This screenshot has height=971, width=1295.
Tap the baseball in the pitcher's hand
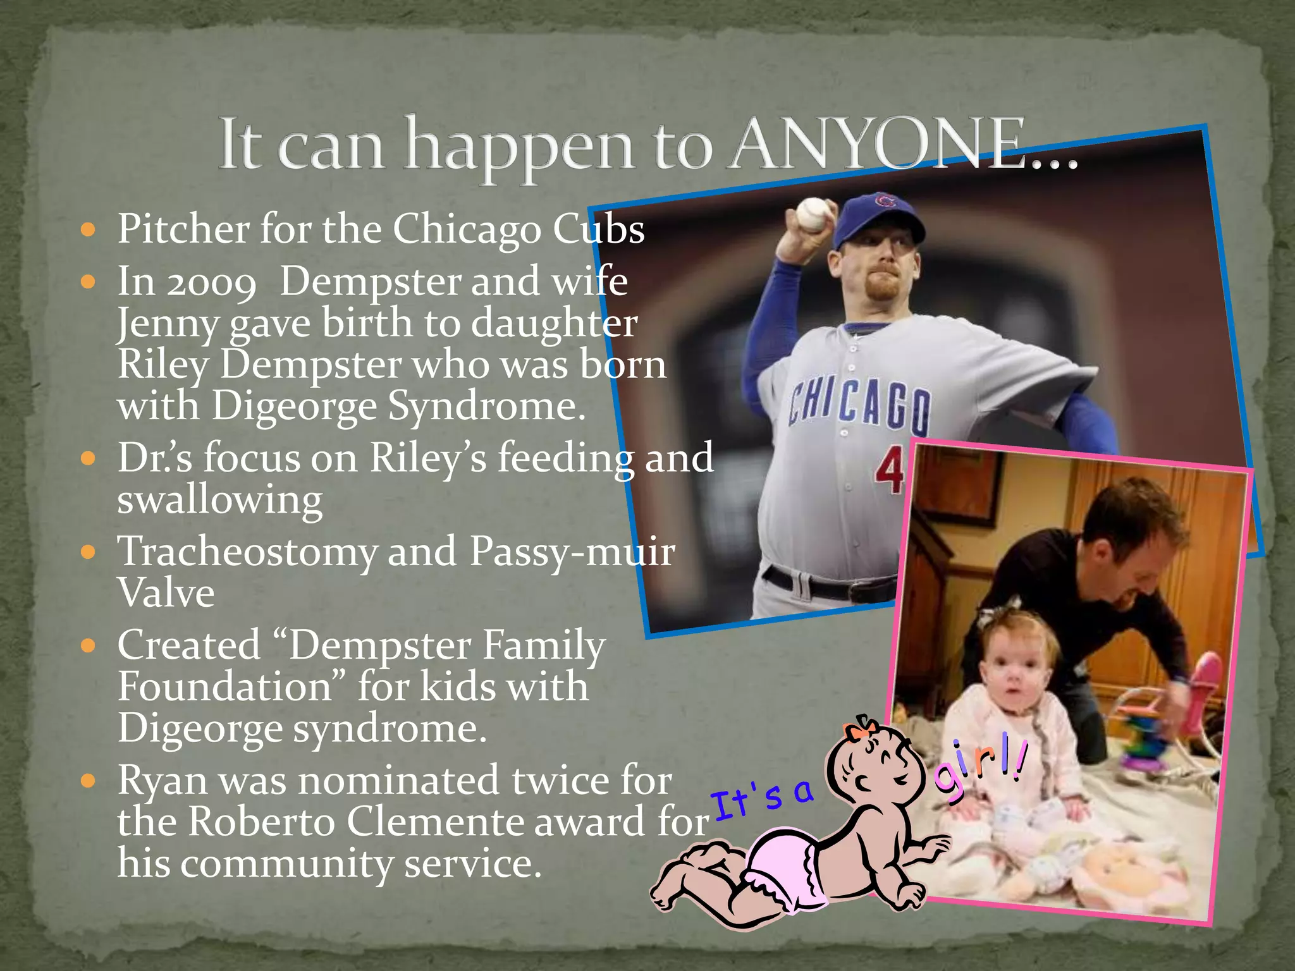tap(813, 214)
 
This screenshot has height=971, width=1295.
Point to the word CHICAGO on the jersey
tap(860, 405)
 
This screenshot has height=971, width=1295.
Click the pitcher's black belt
tap(828, 585)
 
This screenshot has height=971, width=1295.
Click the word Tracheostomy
tap(247, 553)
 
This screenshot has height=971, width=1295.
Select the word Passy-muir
tap(572, 553)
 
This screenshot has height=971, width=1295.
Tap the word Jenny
tap(168, 324)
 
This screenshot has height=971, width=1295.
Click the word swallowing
tap(220, 501)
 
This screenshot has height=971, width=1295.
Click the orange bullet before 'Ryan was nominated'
tap(89, 781)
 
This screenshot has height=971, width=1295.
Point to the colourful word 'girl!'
tap(980, 768)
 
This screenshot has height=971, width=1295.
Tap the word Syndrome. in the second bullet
tap(487, 406)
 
